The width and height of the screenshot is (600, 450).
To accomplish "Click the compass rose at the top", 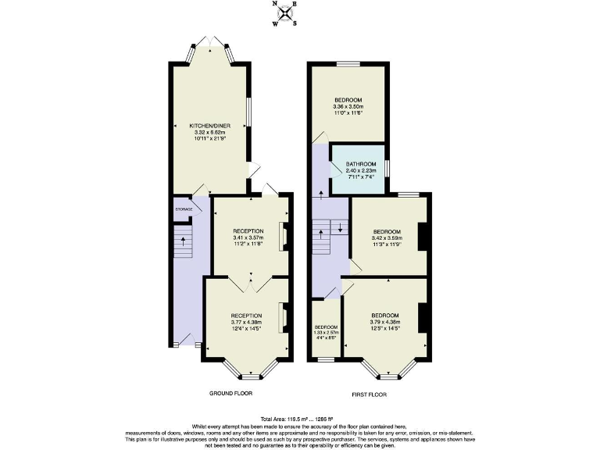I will tap(287, 13).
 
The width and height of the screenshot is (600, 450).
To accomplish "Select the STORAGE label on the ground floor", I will tap(183, 209).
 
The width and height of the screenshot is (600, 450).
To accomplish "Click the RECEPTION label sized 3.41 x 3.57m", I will tap(248, 231).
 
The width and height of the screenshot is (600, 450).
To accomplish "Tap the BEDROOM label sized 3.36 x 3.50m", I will tap(348, 100).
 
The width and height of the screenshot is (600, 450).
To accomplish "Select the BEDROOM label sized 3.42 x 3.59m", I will tap(387, 232).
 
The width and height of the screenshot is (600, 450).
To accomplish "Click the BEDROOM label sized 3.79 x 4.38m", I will tap(384, 316).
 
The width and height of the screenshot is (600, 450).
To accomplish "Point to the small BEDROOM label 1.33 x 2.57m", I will tap(325, 327).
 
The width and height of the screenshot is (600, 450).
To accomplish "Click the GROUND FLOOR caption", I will tap(230, 393).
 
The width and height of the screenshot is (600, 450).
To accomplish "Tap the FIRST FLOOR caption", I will tap(370, 393).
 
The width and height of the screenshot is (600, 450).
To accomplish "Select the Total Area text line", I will tap(299, 420).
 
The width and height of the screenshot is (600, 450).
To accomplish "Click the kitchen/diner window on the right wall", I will tap(249, 112).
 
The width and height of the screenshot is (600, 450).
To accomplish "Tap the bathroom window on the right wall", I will tap(388, 167).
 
